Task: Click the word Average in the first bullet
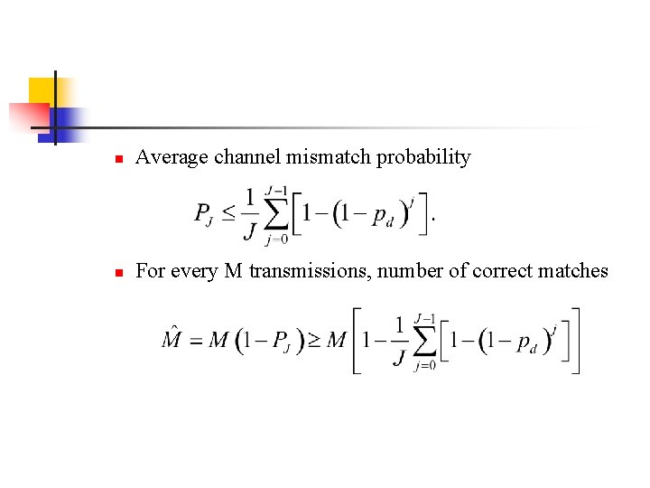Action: (x=172, y=157)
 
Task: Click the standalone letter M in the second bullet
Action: (x=233, y=271)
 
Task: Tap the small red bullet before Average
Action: (x=117, y=159)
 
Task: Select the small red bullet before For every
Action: (x=117, y=272)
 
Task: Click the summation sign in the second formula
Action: (x=424, y=341)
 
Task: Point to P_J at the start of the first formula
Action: (x=204, y=215)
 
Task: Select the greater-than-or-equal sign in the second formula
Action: (x=309, y=341)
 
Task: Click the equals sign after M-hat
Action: (x=195, y=341)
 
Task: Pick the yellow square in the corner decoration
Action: (x=41, y=90)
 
